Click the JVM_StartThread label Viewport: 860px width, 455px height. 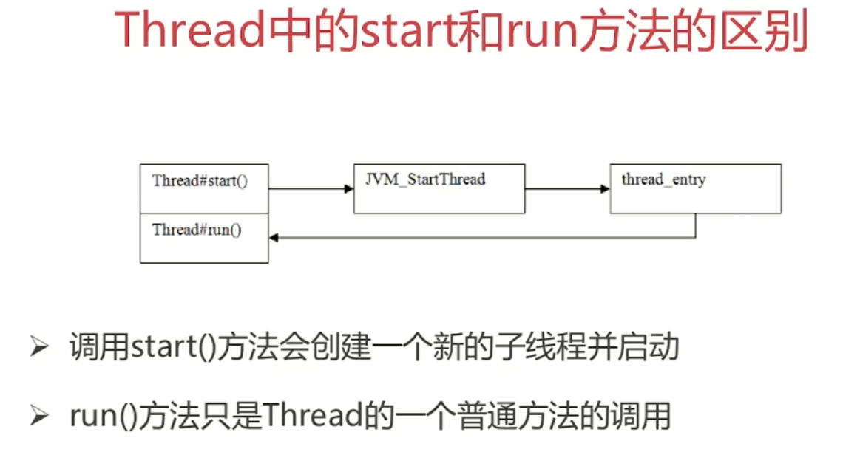[x=425, y=179]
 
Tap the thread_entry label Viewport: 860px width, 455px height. [x=663, y=179]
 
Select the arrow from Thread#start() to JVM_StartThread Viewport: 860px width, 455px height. [x=311, y=189]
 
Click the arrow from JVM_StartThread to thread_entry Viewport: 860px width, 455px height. [x=567, y=189]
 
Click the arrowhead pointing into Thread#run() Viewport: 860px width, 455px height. [x=274, y=238]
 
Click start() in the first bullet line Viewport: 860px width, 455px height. [x=172, y=348]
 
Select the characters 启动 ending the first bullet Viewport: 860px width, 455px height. [x=649, y=348]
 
